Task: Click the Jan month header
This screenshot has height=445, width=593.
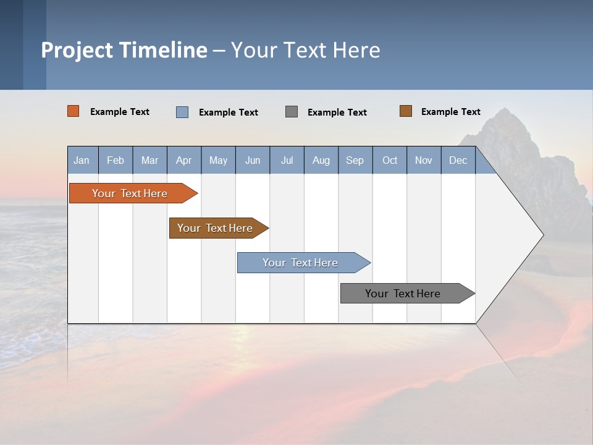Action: point(82,160)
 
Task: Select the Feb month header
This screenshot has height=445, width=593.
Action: point(116,160)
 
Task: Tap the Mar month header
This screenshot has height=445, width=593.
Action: point(149,160)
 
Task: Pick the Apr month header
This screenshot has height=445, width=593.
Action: point(184,160)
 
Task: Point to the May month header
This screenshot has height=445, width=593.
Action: point(218,160)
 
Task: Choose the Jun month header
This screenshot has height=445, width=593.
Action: point(253,160)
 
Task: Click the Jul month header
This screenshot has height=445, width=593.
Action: point(287,160)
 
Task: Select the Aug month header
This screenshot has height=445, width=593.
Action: point(321,160)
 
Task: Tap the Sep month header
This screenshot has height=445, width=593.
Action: point(355,160)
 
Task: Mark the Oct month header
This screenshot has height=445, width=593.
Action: point(390,160)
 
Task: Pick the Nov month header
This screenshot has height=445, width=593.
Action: point(424,160)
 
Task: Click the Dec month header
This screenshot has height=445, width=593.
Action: point(458,160)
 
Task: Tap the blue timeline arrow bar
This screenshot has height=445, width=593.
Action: point(301,263)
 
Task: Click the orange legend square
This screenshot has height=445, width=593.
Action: point(74,111)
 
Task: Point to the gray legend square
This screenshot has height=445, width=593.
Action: point(292,112)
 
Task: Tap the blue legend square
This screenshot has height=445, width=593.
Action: point(182,112)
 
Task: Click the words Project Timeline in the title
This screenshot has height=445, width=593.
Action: point(124,50)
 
